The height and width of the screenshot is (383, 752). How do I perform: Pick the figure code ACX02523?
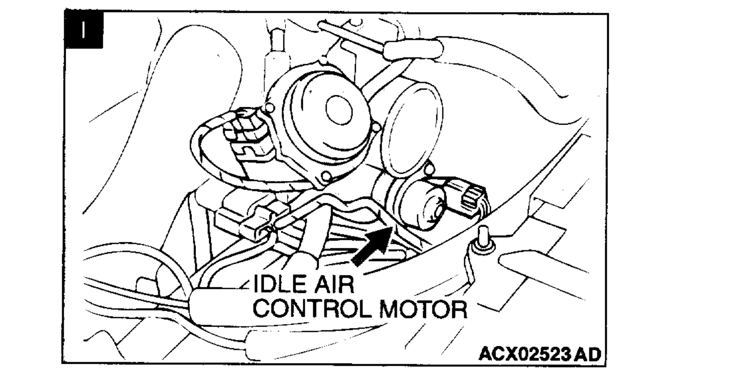524,355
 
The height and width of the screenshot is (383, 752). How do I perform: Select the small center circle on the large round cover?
339,110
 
